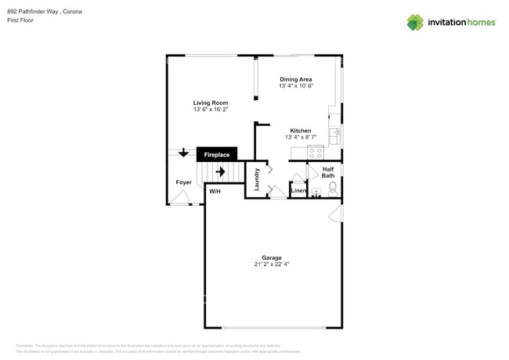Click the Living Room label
pyautogui.click(x=211, y=103)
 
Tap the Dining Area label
pyautogui.click(x=296, y=79)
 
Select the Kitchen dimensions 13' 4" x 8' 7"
pyautogui.click(x=300, y=138)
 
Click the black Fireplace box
pyautogui.click(x=217, y=155)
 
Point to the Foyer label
pyautogui.click(x=183, y=182)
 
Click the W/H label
pyautogui.click(x=215, y=191)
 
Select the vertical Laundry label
pyautogui.click(x=256, y=179)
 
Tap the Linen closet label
pyautogui.click(x=298, y=191)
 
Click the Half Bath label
pyautogui.click(x=327, y=172)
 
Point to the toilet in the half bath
pyautogui.click(x=333, y=188)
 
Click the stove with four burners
pyautogui.click(x=316, y=153)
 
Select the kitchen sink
pyautogui.click(x=335, y=136)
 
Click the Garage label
pyautogui.click(x=272, y=257)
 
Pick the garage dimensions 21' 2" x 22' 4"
pyautogui.click(x=272, y=265)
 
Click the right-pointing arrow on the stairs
pyautogui.click(x=220, y=171)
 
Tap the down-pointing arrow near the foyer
pyautogui.click(x=183, y=153)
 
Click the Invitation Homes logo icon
pyautogui.click(x=415, y=23)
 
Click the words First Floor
pyautogui.click(x=20, y=20)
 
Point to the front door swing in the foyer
pyautogui.click(x=180, y=199)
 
